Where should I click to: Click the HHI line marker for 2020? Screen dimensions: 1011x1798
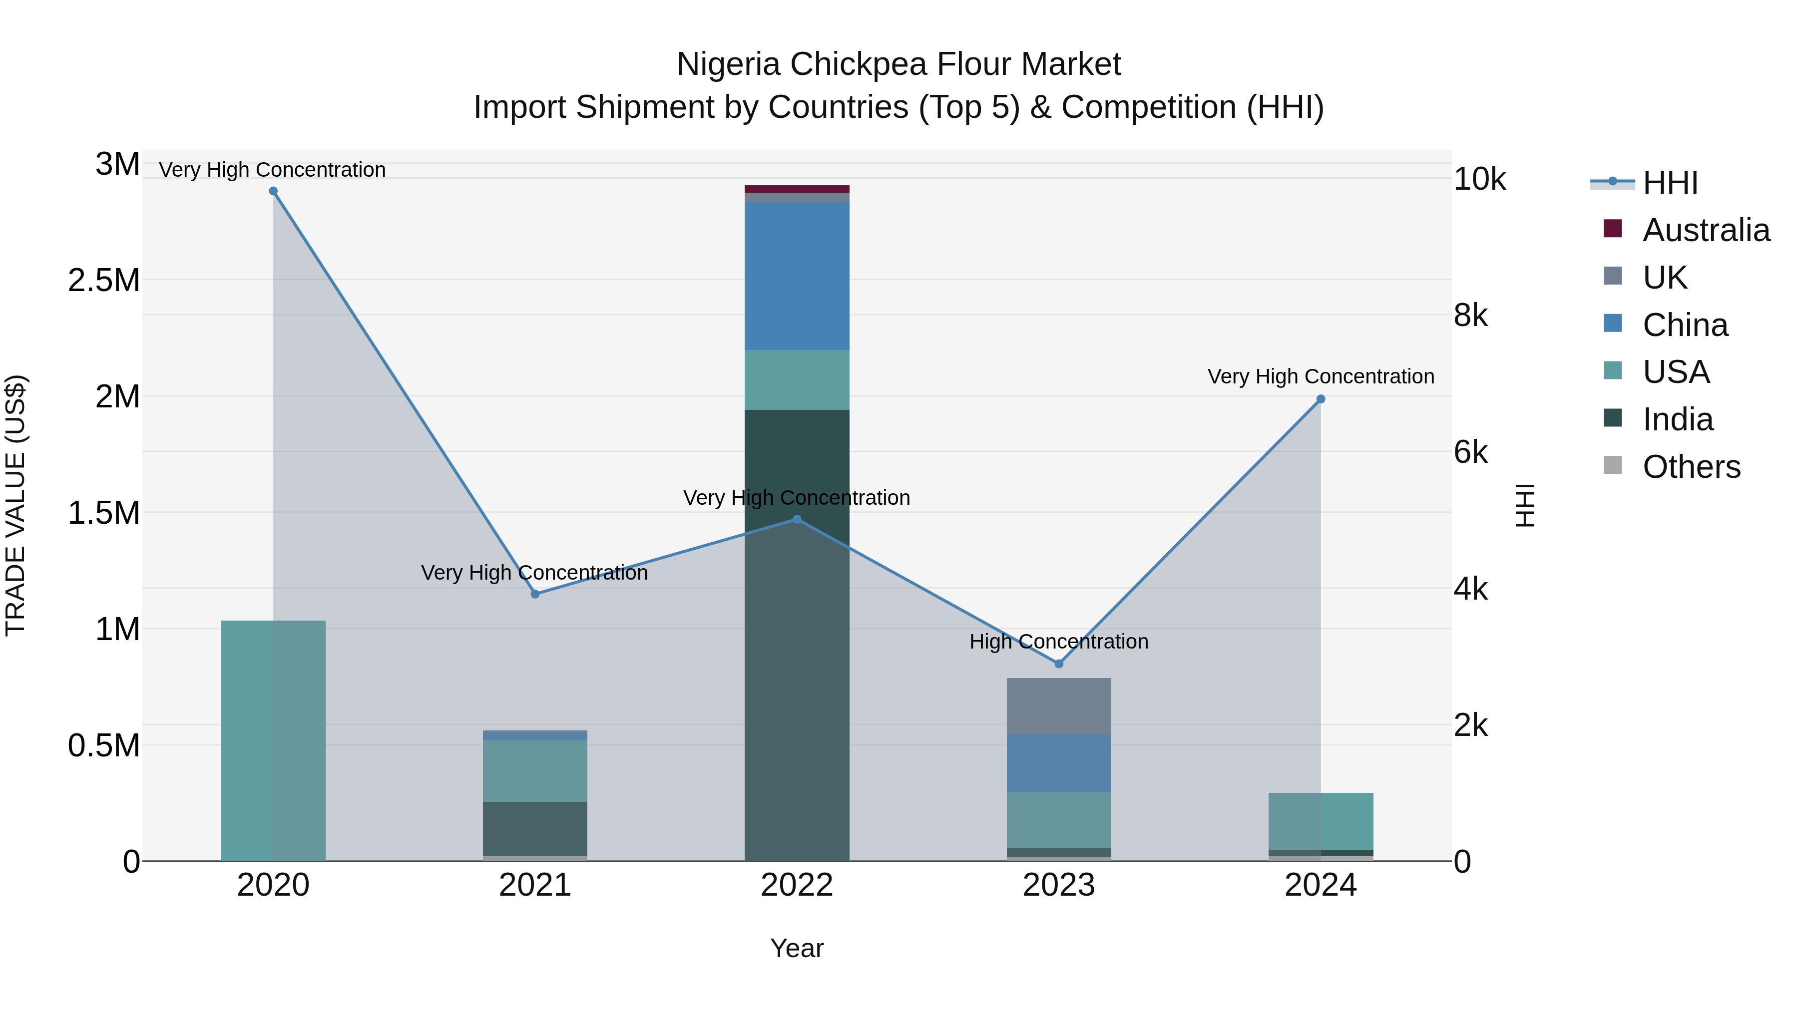pos(273,191)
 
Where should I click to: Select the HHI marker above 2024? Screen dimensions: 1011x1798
pos(1321,399)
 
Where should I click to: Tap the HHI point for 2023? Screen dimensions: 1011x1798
pos(1059,664)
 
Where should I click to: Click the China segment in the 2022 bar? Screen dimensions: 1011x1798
pos(797,276)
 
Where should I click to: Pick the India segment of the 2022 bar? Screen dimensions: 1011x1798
pos(797,635)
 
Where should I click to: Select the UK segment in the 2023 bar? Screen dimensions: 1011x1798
pos(1059,706)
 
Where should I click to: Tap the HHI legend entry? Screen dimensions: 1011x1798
pos(1669,183)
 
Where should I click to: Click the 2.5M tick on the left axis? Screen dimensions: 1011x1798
pos(104,281)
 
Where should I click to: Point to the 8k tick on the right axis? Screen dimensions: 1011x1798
pos(1471,316)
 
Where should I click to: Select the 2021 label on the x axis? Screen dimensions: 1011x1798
pos(534,885)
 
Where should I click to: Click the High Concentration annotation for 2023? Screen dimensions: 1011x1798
pos(1059,641)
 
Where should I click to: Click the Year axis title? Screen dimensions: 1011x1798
pos(797,948)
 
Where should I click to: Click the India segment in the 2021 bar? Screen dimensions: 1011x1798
pos(534,828)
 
